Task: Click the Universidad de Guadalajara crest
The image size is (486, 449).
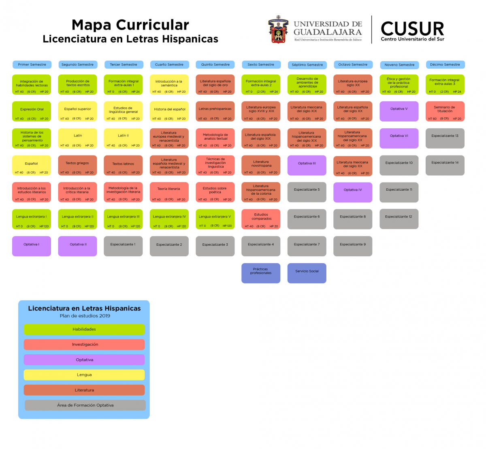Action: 277,30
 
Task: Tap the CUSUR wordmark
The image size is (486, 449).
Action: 412,29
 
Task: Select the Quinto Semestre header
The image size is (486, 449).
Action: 215,64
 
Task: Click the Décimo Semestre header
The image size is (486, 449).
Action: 445,64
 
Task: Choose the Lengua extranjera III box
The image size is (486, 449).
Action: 123,219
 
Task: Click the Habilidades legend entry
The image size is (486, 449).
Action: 84,329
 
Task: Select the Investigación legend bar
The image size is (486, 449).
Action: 84,345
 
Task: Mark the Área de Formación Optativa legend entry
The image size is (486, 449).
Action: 85,405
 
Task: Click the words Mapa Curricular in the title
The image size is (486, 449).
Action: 130,25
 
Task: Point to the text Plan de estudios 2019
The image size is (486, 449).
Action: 85,316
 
